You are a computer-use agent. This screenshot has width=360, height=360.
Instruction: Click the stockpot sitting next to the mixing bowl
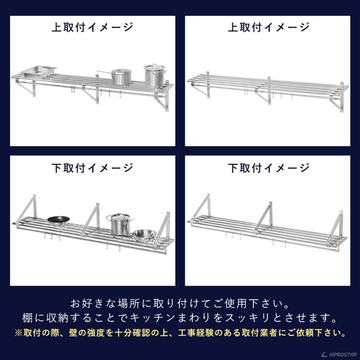click(x=118, y=225)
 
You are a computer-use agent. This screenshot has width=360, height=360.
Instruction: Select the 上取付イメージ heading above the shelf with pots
click(x=92, y=27)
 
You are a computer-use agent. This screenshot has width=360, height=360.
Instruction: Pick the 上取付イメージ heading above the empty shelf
click(x=268, y=27)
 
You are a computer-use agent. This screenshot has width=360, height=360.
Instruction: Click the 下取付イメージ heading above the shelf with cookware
click(x=92, y=168)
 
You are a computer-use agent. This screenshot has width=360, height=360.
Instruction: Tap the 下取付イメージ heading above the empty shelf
click(x=268, y=168)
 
